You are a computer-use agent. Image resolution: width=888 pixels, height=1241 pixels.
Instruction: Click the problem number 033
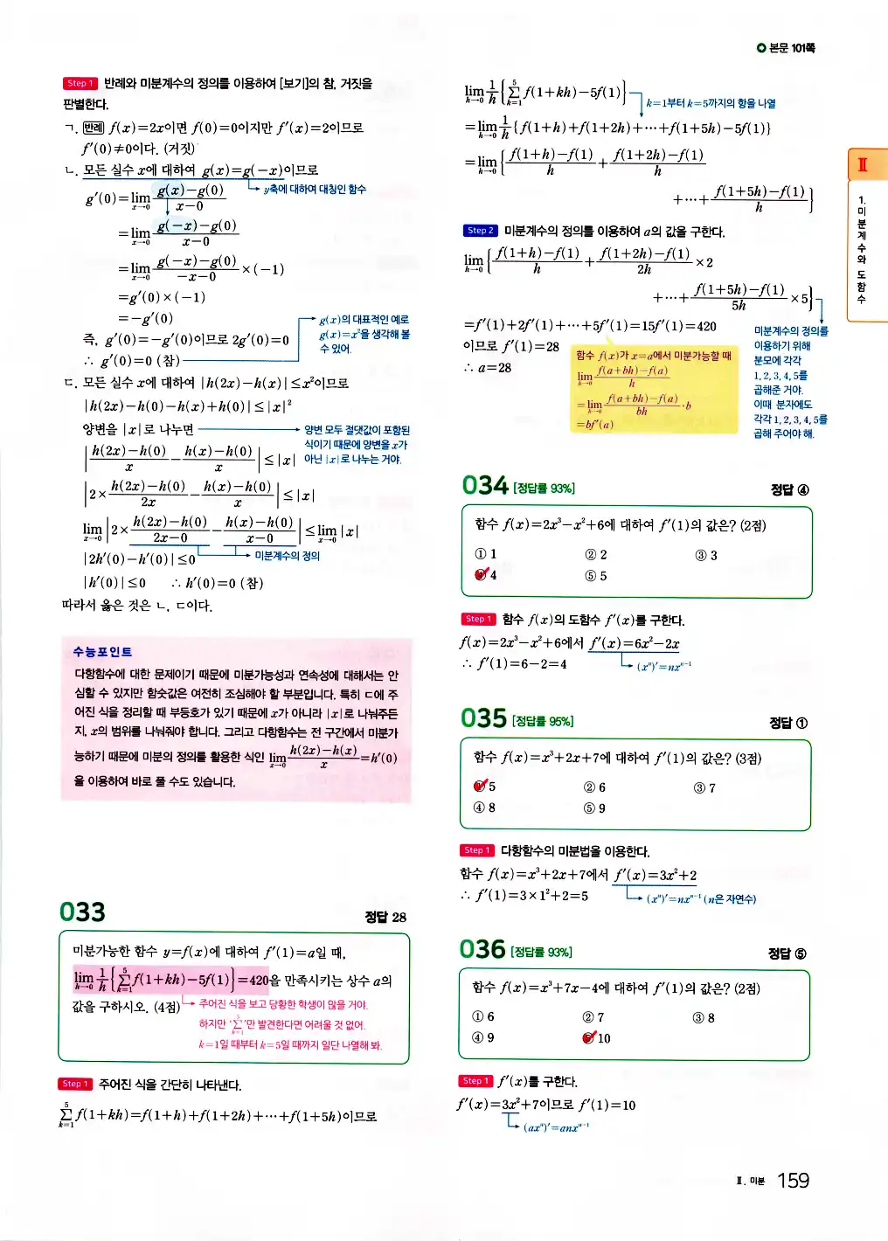pyautogui.click(x=82, y=912)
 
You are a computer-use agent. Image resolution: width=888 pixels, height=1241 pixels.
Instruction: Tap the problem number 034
pyautogui.click(x=485, y=486)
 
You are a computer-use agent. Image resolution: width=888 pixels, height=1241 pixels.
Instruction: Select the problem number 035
pyautogui.click(x=483, y=718)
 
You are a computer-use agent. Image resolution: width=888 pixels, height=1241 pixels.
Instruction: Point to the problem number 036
pyautogui.click(x=482, y=949)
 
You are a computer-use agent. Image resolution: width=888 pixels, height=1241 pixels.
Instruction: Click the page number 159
pyautogui.click(x=793, y=1181)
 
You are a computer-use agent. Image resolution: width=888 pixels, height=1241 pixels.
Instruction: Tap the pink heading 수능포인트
pyautogui.click(x=102, y=652)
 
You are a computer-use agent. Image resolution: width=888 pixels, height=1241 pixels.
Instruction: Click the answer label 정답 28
pyautogui.click(x=385, y=917)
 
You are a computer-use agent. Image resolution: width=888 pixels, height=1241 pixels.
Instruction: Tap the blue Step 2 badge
pyautogui.click(x=480, y=231)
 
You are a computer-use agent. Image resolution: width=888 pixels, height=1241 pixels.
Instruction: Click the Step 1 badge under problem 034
pyautogui.click(x=478, y=620)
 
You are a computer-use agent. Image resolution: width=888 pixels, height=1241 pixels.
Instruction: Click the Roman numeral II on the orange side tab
pyautogui.click(x=863, y=164)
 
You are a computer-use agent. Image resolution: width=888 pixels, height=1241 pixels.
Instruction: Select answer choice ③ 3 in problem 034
pyautogui.click(x=706, y=556)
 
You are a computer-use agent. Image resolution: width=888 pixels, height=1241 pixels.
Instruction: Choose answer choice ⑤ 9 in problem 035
pyautogui.click(x=594, y=808)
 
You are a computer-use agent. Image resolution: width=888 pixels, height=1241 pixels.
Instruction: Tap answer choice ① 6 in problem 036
pyautogui.click(x=483, y=1017)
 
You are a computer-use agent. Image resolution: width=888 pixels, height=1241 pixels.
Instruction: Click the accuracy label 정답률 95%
pyautogui.click(x=543, y=721)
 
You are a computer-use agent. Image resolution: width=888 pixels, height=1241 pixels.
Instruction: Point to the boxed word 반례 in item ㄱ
pyautogui.click(x=93, y=128)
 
